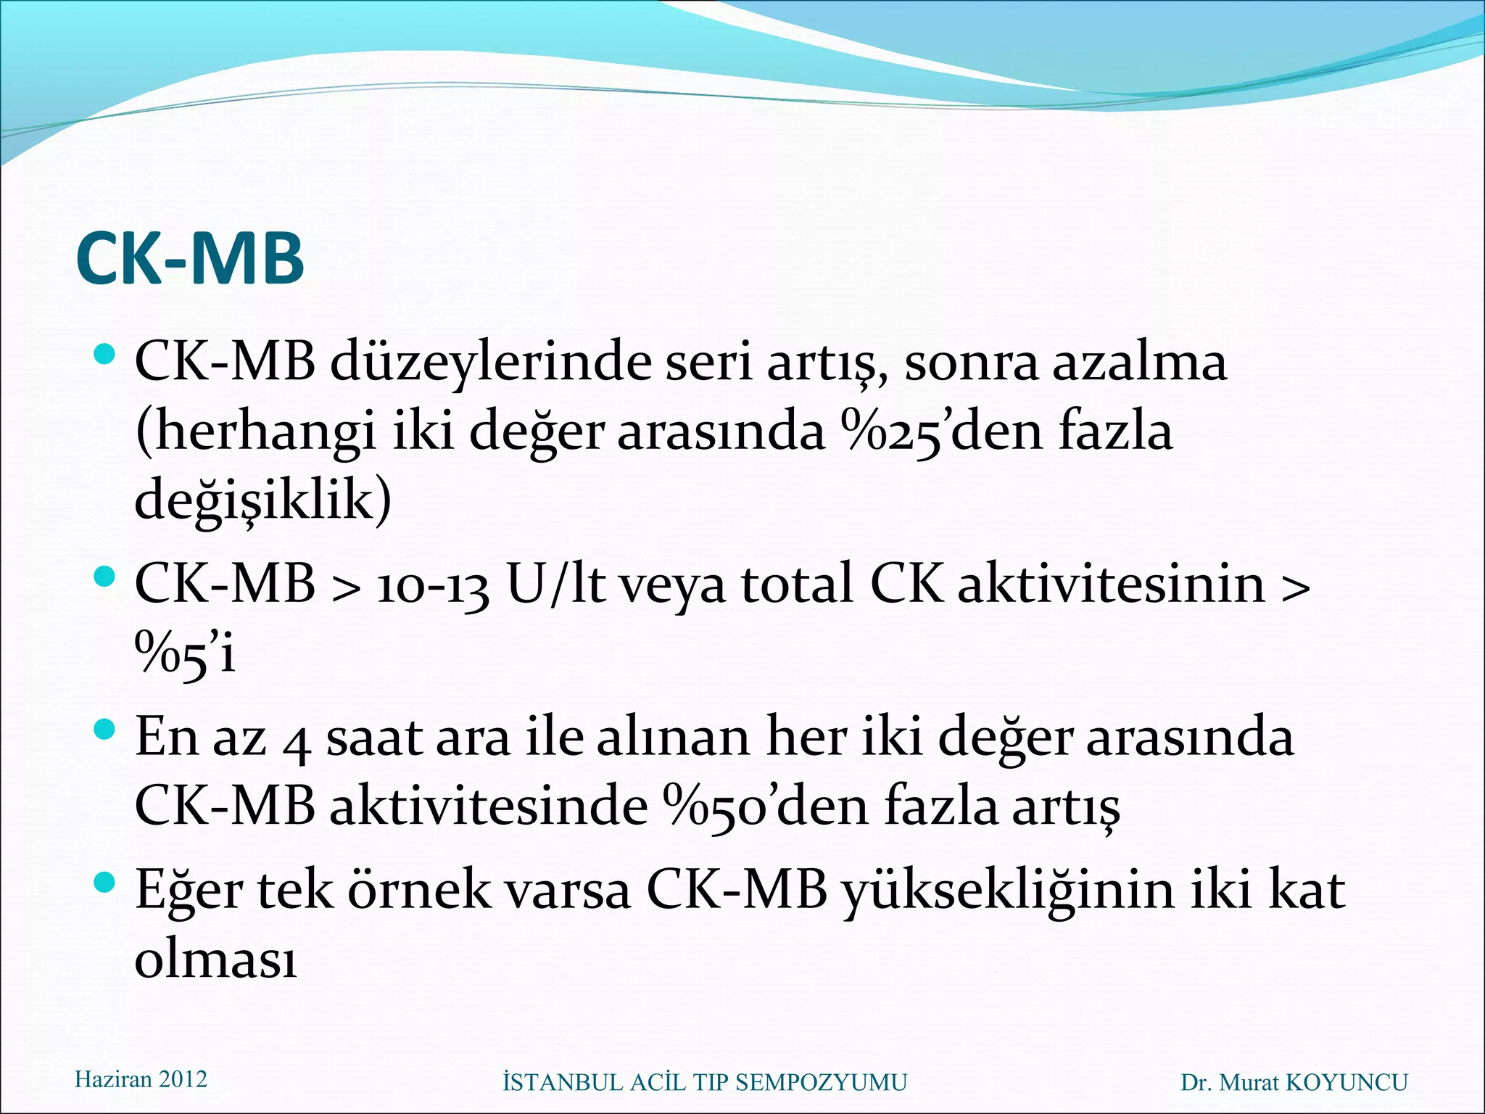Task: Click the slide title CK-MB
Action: (189, 259)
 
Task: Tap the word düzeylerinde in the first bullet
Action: (491, 362)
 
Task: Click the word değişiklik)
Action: (263, 501)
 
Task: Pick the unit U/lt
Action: (555, 585)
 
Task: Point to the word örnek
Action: (419, 891)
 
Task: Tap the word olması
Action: (216, 960)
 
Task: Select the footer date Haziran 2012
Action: (141, 1080)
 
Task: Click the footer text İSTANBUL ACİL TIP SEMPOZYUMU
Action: (705, 1083)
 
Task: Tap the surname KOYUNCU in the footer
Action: (1346, 1083)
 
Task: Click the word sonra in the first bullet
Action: (971, 363)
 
